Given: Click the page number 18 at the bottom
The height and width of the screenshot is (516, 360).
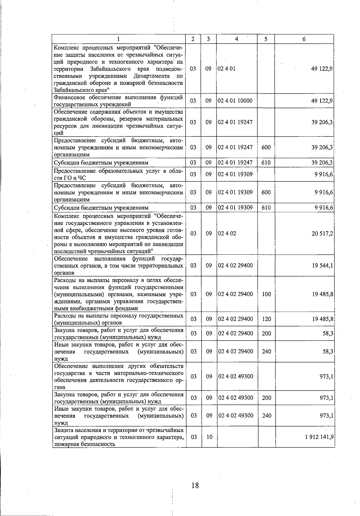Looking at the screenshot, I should click(x=195, y=485).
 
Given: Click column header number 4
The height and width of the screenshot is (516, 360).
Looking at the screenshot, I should click(x=237, y=39).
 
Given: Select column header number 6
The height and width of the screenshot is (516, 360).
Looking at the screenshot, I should click(x=304, y=39).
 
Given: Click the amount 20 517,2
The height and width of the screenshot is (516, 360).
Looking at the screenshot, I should click(x=322, y=233).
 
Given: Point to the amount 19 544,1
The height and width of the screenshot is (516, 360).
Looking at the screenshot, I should click(x=322, y=265).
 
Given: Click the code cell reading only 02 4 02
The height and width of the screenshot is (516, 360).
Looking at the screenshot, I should click(x=227, y=233).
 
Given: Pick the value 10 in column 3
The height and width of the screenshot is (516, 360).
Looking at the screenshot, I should click(x=209, y=437).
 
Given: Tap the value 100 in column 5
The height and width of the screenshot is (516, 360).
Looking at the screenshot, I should click(x=266, y=294).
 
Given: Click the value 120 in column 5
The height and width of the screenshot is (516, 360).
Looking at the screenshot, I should click(x=266, y=319).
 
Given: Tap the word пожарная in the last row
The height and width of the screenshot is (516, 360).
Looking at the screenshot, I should click(x=65, y=444).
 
